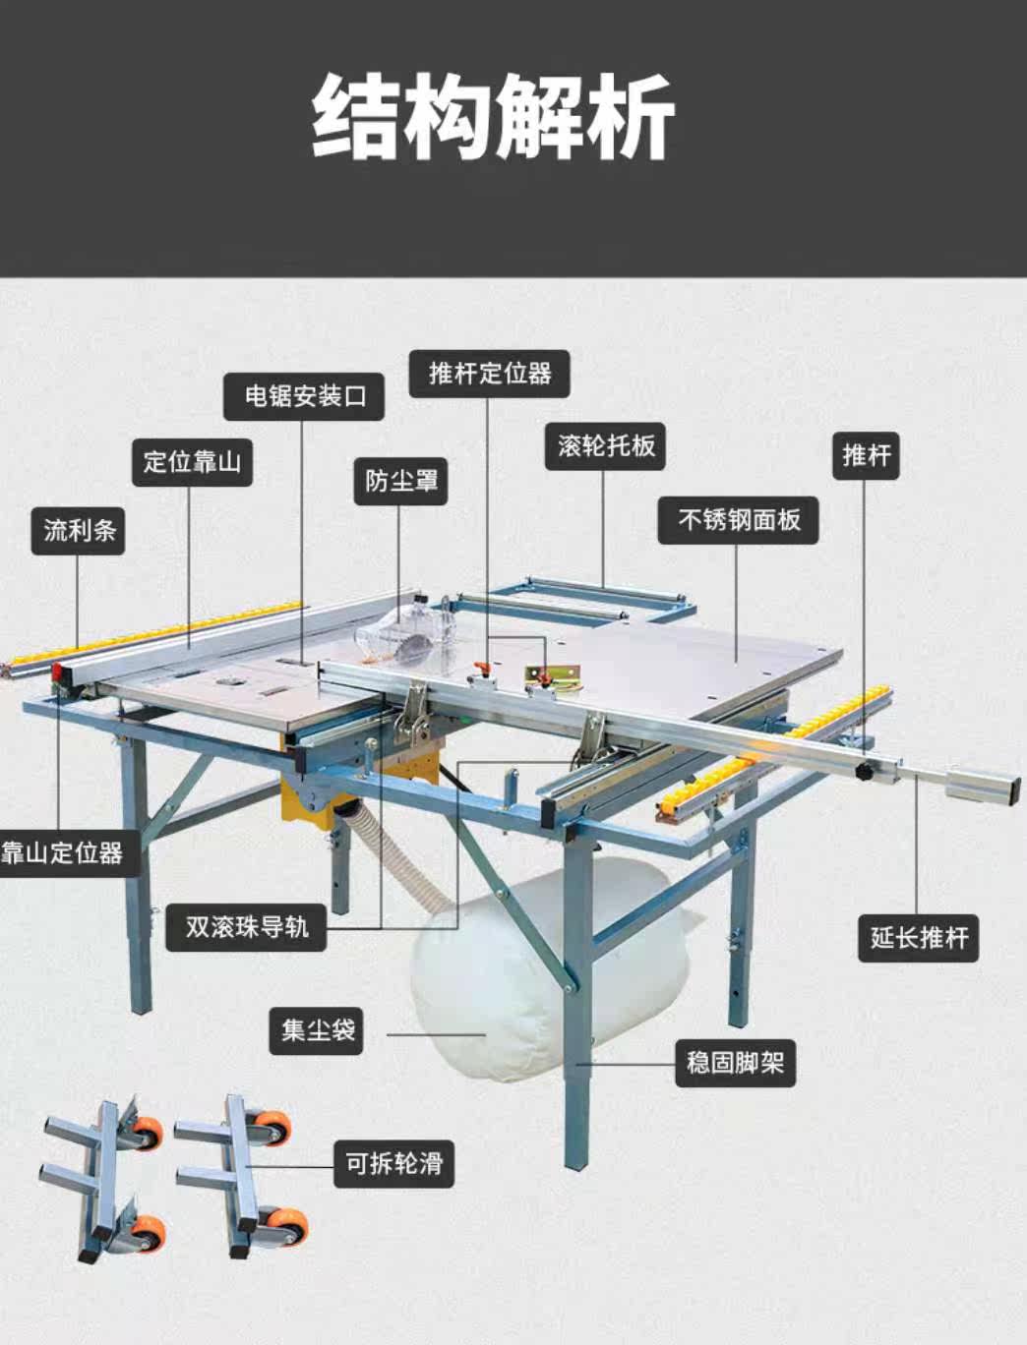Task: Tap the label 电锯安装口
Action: (x=304, y=396)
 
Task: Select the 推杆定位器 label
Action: (x=490, y=374)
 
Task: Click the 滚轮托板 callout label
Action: (x=606, y=445)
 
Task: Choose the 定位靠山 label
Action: (x=193, y=461)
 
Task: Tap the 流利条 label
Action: (x=79, y=531)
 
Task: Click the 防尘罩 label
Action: (x=401, y=481)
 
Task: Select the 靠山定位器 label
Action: (x=61, y=851)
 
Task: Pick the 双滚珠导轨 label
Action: (x=247, y=926)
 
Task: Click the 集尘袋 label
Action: (x=318, y=1030)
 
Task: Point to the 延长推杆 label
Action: (x=919, y=936)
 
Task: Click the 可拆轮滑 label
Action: (x=393, y=1164)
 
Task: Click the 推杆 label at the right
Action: (x=866, y=455)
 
